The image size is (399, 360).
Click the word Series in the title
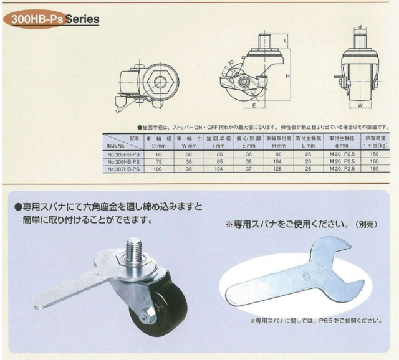(x=82, y=19)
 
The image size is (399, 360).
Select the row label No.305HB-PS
(x=123, y=154)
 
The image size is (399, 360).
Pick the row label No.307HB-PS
(x=123, y=169)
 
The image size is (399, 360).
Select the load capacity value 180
(x=375, y=169)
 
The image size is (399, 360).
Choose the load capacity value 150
(x=375, y=154)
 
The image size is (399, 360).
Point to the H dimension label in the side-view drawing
(x=287, y=75)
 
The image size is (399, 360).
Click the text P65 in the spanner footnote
(x=324, y=321)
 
